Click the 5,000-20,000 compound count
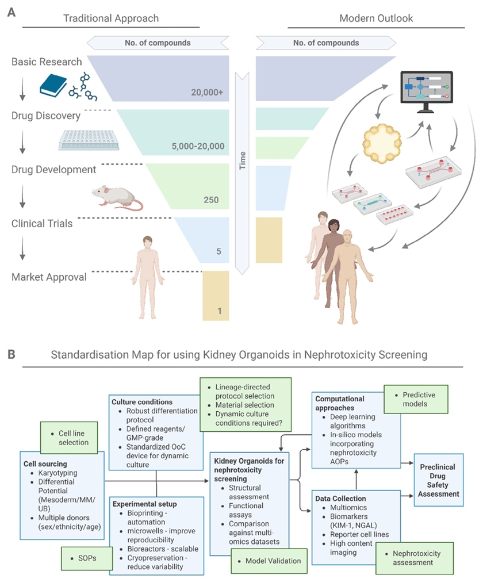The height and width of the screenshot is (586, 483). [x=197, y=146]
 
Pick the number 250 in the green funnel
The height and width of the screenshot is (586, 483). [x=211, y=200]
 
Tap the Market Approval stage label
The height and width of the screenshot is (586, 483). [x=49, y=277]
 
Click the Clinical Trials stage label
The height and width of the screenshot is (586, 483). [x=42, y=223]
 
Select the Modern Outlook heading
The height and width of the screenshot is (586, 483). [x=376, y=18]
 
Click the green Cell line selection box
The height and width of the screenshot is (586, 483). [x=72, y=438]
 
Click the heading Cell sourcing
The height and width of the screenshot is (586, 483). [x=45, y=464]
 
